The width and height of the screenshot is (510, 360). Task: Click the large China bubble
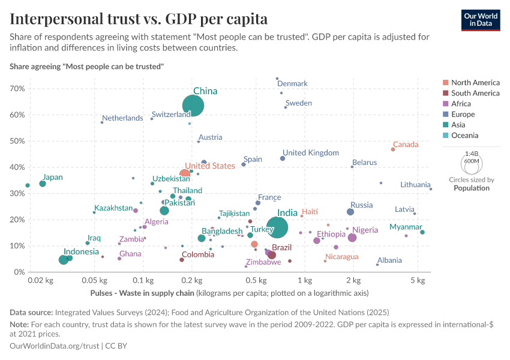pyautogui.click(x=193, y=106)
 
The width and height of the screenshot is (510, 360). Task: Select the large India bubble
pyautogui.click(x=277, y=227)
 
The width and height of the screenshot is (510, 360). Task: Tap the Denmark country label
pyautogui.click(x=292, y=84)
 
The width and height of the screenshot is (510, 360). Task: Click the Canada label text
pyautogui.click(x=406, y=145)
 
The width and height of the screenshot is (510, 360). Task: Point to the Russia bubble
pyautogui.click(x=350, y=212)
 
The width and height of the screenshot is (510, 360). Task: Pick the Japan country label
pyautogui.click(x=53, y=177)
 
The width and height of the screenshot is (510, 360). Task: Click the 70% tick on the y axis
pyautogui.click(x=17, y=88)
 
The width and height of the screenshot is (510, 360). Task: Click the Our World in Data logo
pyautogui.click(x=481, y=20)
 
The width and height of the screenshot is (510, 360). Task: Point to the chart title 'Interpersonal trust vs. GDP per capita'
pyautogui.click(x=139, y=19)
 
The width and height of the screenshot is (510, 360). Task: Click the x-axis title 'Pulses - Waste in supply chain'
pyautogui.click(x=142, y=293)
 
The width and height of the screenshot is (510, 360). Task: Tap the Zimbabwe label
pyautogui.click(x=263, y=262)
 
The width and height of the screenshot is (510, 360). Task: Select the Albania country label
pyautogui.click(x=389, y=260)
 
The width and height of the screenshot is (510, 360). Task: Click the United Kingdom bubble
pyautogui.click(x=283, y=158)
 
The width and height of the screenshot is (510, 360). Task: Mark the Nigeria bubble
pyautogui.click(x=352, y=238)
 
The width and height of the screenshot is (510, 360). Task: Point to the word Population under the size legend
pyautogui.click(x=472, y=188)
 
